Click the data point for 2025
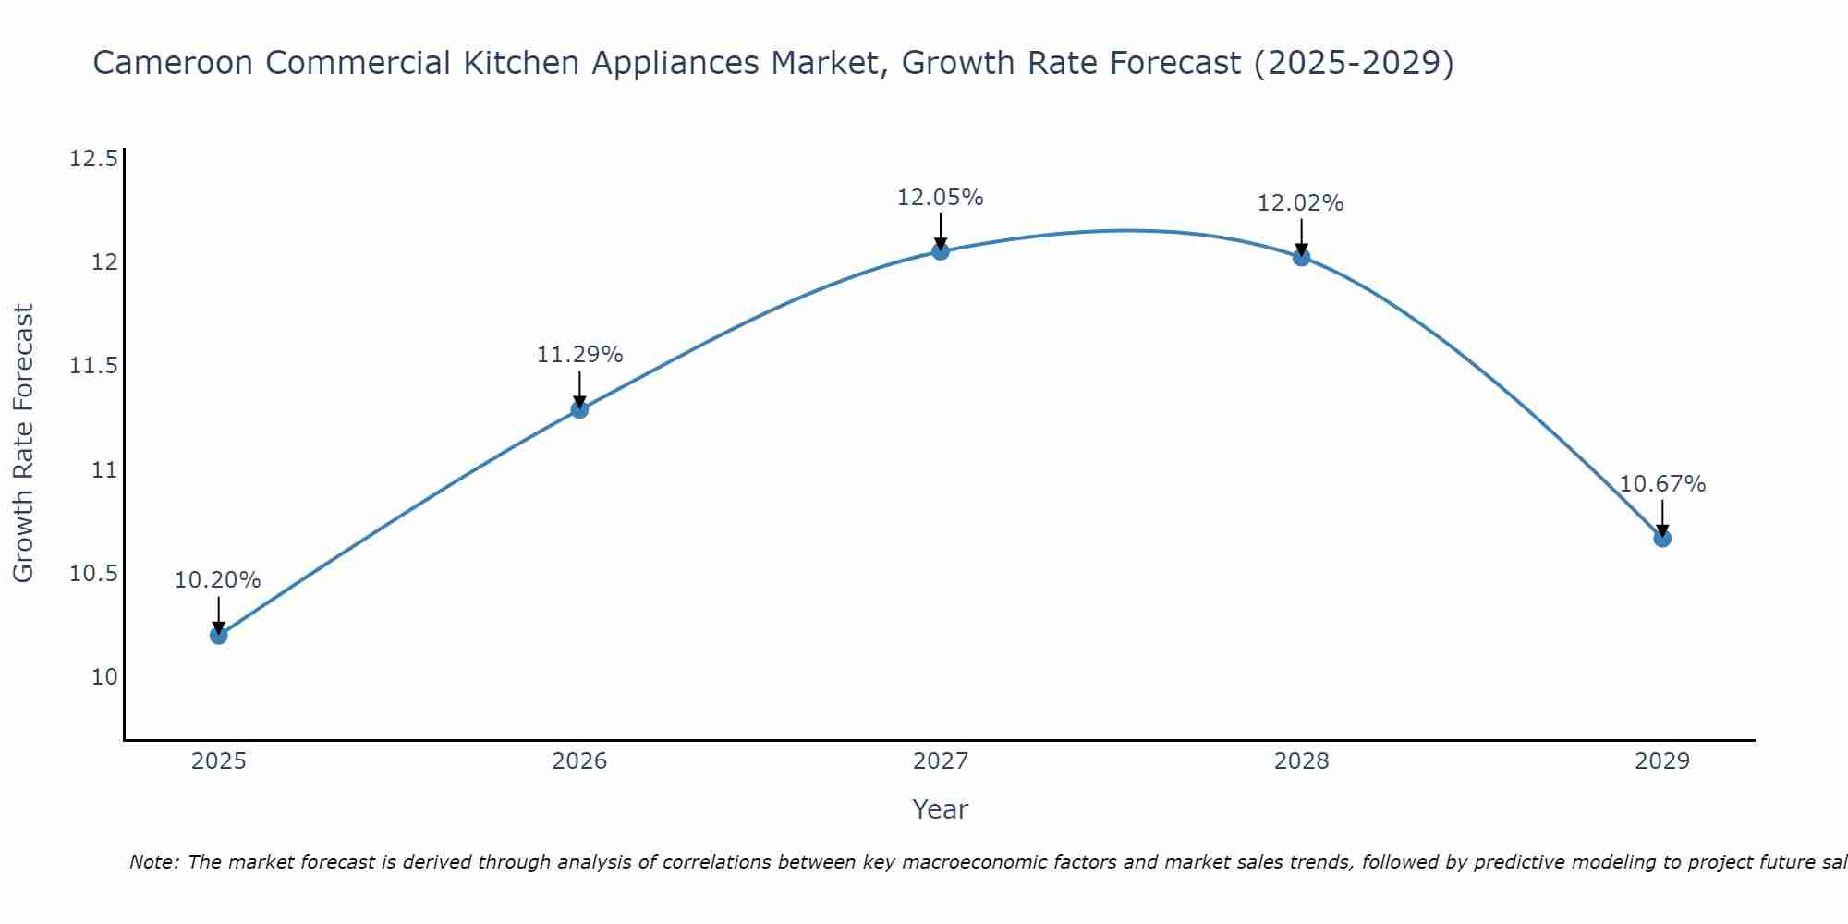click(x=219, y=635)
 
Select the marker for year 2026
click(x=579, y=409)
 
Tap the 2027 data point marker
click(x=941, y=251)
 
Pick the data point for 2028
click(x=1301, y=257)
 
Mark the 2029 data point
click(x=1662, y=538)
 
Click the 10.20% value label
click(x=218, y=580)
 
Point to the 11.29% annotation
click(x=579, y=355)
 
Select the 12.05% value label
click(x=940, y=198)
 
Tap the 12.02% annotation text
click(x=1300, y=203)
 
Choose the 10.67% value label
click(x=1662, y=484)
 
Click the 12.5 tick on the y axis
click(x=93, y=159)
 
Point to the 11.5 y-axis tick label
click(x=93, y=367)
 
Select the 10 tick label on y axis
click(x=104, y=677)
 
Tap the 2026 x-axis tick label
click(x=579, y=761)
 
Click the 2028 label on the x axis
click(x=1301, y=761)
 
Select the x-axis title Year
click(x=940, y=809)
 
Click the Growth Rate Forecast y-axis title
click(x=23, y=443)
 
